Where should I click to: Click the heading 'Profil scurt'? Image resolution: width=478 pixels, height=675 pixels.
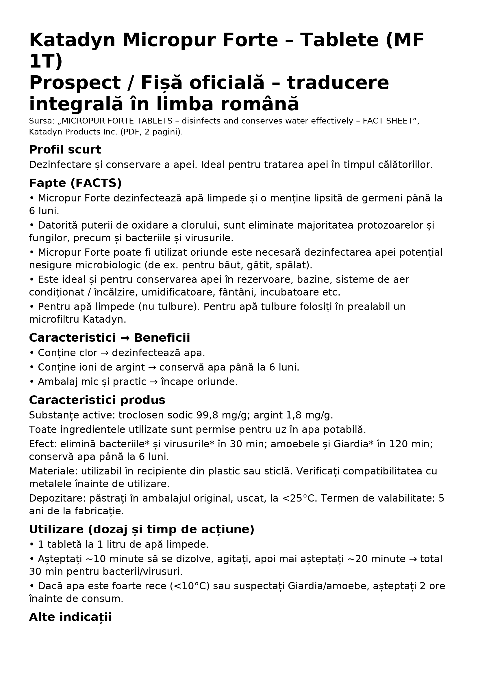coord(65,150)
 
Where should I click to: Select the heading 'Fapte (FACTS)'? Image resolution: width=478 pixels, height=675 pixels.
coord(75,184)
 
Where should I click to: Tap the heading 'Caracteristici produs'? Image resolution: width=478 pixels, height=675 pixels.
coord(97,401)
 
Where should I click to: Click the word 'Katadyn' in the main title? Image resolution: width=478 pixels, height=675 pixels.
coord(72,40)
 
